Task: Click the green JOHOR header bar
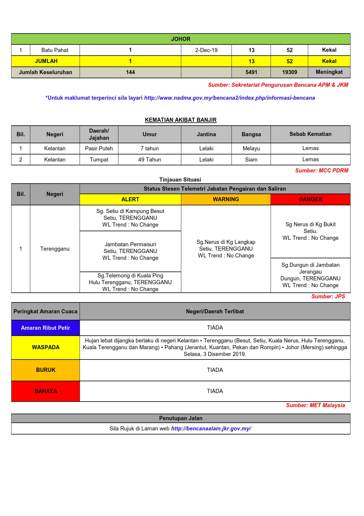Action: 181,39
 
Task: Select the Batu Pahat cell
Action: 55,50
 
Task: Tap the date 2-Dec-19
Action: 206,50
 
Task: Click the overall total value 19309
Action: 289,72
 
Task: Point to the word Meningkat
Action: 329,72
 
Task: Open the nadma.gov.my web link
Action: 229,98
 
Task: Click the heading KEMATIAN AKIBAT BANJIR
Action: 181,120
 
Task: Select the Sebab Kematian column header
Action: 310,134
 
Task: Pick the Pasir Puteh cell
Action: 99,148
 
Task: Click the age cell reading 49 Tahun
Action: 150,159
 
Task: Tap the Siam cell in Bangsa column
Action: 251,159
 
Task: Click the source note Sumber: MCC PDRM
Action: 322,170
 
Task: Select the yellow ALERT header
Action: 130,199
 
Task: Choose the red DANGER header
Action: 310,199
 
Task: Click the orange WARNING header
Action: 226,199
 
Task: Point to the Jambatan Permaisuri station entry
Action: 130,251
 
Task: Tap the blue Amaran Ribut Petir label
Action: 46,328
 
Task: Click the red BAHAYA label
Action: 46,391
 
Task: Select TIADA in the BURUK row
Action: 215,370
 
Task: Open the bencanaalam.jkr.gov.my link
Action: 211,428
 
